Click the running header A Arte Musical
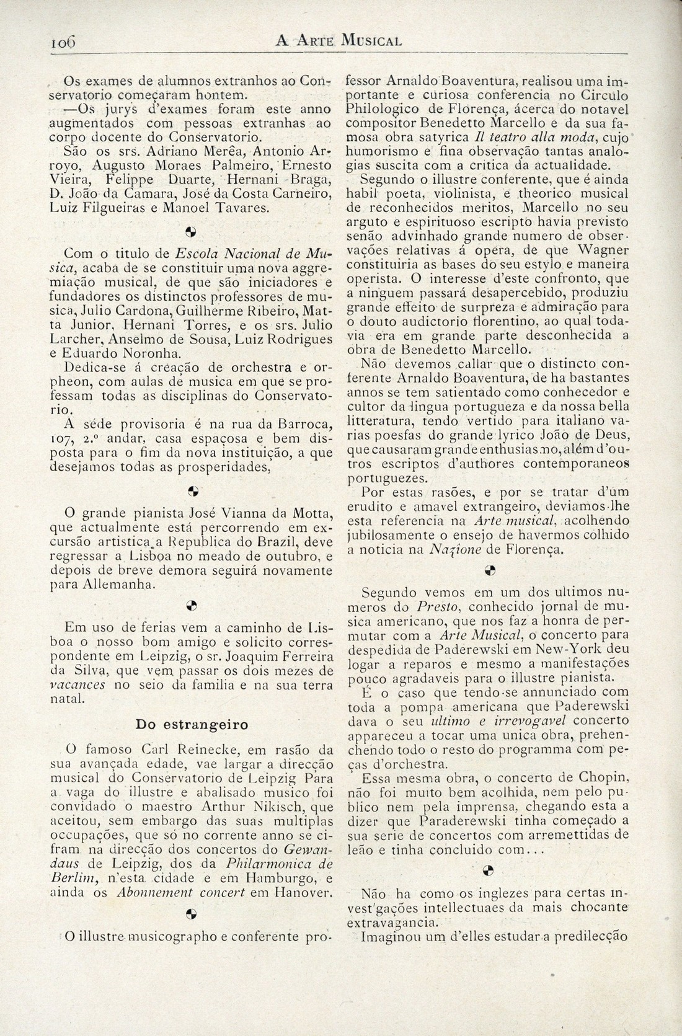(x=339, y=42)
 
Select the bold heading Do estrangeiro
(x=192, y=725)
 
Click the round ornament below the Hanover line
(x=191, y=913)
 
